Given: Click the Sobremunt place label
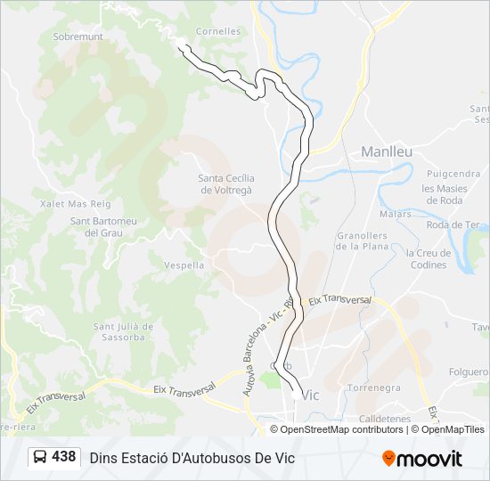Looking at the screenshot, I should click(78, 37).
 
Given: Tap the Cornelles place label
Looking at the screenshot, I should click(218, 31).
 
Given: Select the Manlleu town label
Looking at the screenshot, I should click(386, 151).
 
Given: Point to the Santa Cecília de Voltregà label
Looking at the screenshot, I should click(225, 184).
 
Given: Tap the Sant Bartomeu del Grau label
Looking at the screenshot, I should click(102, 226).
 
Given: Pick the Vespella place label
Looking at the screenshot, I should click(184, 265).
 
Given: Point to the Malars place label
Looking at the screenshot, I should click(395, 214).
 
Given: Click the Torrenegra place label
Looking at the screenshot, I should click(373, 388).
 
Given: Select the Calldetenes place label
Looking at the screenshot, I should click(384, 418).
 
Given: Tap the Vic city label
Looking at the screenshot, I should click(310, 395).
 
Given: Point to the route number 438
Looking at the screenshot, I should click(63, 457).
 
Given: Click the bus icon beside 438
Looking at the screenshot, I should click(41, 458).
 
